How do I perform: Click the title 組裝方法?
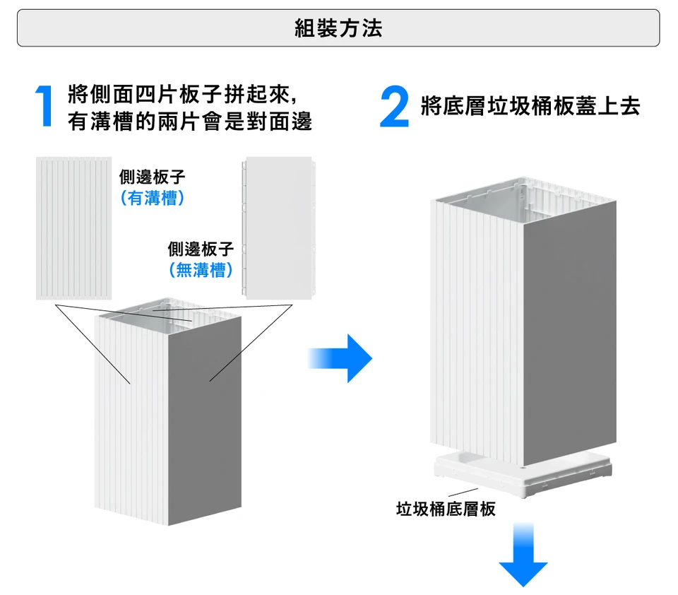point(338,28)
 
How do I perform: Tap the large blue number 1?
point(44,107)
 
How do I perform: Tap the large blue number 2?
point(394,107)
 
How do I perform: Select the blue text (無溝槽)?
point(201,270)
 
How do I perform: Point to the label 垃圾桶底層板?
point(446,509)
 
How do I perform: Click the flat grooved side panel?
point(73,228)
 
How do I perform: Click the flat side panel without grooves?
point(279,228)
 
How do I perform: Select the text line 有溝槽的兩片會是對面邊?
point(190,122)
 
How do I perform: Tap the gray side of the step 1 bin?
point(205,417)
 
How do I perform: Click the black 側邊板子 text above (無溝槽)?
point(201,249)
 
